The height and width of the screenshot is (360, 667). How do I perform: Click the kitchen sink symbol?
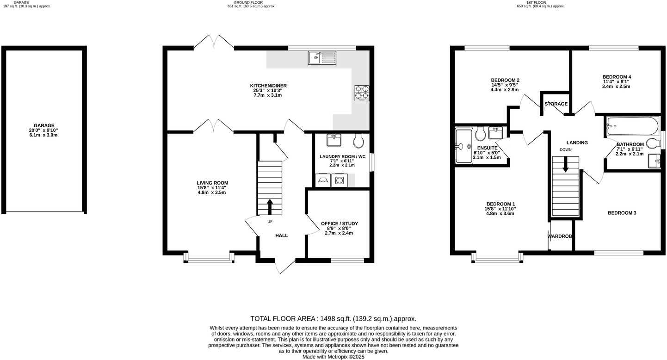(322, 58)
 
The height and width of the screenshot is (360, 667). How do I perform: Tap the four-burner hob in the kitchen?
(362, 93)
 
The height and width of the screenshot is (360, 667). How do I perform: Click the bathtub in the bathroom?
(632, 126)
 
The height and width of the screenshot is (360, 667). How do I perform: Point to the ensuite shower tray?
(463, 146)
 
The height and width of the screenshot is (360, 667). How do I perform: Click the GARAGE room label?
(44, 125)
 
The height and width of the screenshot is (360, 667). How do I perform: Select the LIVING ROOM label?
(212, 183)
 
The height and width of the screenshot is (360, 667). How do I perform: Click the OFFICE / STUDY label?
(339, 223)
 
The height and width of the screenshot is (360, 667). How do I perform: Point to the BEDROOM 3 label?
(622, 213)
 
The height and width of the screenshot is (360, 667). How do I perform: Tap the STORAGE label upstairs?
(556, 104)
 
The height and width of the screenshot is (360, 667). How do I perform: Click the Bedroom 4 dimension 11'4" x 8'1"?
(616, 81)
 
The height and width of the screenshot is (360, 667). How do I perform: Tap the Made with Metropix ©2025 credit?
(333, 357)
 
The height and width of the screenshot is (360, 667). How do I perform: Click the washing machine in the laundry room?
(340, 180)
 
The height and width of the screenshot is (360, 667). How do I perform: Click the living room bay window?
(209, 258)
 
